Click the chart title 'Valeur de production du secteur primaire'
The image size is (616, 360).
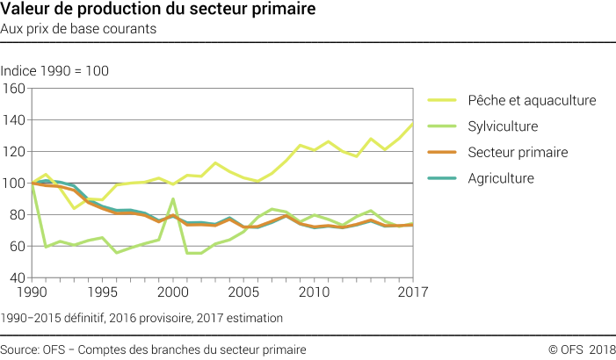146,11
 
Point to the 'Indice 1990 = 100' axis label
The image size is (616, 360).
54,70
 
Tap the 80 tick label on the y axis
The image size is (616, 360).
17,215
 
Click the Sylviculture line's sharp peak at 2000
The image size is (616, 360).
172,199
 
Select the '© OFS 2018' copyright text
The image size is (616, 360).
582,349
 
